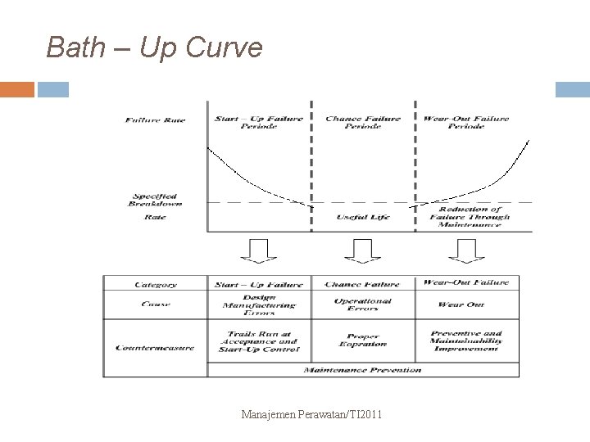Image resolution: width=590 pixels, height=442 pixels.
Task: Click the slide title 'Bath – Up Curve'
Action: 154,47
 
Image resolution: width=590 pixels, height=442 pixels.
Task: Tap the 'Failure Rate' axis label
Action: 156,120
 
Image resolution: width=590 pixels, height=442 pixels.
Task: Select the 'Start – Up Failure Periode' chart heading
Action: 258,123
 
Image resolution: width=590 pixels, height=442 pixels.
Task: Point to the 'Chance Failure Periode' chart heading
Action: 363,123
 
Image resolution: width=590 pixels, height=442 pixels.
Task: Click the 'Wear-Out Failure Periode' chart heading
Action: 465,123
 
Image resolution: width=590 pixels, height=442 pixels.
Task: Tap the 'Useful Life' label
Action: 363,217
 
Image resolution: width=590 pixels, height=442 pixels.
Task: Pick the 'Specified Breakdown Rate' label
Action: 155,206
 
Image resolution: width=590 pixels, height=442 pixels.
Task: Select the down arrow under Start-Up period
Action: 259,250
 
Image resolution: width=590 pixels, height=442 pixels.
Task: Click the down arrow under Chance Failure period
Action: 363,250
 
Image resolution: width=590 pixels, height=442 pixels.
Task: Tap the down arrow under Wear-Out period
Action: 465,250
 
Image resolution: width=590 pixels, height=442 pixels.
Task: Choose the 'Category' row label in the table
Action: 156,284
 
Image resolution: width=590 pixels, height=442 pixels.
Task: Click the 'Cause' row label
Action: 156,304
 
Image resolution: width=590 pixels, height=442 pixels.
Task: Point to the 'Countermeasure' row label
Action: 156,347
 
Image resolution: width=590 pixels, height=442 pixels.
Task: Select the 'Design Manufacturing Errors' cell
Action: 259,304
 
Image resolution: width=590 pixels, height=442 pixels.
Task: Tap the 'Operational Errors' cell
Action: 363,304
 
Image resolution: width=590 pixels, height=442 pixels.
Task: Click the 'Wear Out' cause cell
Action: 465,304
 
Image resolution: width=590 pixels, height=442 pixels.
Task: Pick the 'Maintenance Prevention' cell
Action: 362,370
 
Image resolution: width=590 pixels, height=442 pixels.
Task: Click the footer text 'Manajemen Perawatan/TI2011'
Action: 311,416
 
